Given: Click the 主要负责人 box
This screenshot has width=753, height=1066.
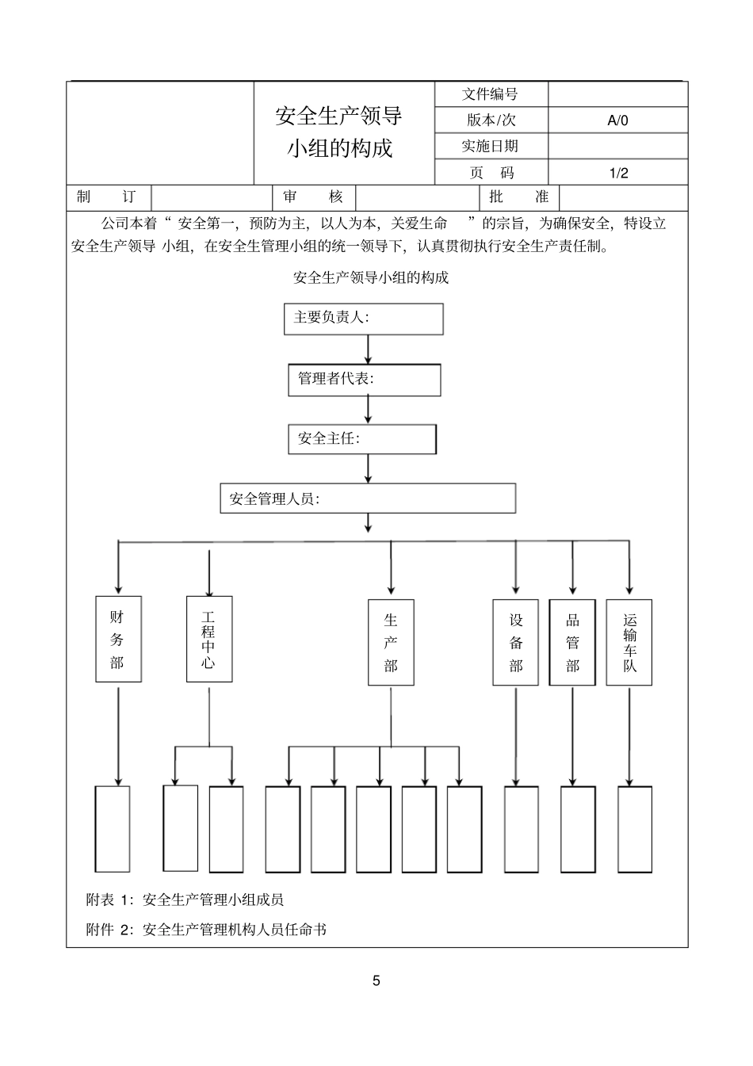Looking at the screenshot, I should pos(363,319).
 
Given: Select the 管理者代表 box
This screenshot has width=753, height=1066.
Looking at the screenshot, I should pos(364,380).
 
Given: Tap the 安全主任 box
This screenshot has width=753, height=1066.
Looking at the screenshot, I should pos(361,439).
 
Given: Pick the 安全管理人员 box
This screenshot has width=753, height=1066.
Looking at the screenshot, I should pos(368,499).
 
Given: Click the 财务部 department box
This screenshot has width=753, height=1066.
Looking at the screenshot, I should pos(118,639).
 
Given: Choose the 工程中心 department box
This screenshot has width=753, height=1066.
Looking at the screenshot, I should pos(209,639).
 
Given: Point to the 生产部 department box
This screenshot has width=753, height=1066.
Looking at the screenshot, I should pos(391,642).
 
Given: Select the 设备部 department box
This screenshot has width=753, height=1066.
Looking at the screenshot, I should pos(516,642).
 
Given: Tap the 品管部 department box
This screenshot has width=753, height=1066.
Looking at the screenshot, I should pos(572,642).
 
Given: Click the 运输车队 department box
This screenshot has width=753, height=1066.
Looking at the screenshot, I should pos(629,642).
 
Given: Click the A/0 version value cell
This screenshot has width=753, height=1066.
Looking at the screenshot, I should pos(617,120).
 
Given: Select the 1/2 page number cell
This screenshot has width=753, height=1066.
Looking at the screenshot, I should pos(617,173).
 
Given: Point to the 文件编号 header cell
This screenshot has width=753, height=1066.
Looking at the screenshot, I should pos(491,94).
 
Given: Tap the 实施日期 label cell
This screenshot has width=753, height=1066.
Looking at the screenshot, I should pos(491,147).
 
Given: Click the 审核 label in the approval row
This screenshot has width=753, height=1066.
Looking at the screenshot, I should pos(313,197).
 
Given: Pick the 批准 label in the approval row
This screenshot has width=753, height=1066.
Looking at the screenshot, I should pos(519,197).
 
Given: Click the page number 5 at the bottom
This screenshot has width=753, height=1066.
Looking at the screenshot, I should pos(376,980).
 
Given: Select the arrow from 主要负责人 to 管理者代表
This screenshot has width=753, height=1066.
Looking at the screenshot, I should pos(368,349).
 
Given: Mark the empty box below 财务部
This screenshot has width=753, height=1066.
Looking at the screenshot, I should pos(113,828).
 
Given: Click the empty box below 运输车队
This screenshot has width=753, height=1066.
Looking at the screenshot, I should pos(635,829).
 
